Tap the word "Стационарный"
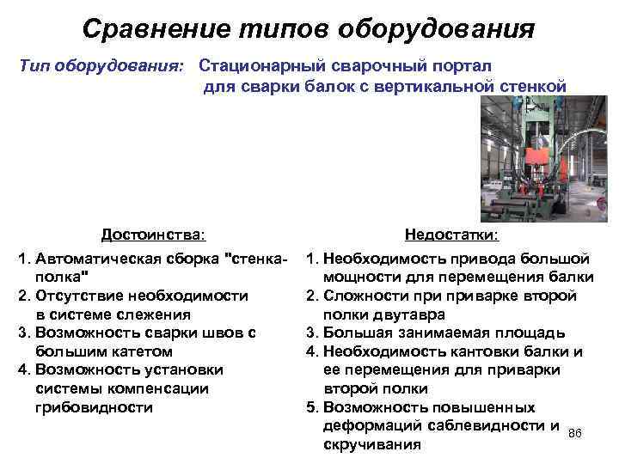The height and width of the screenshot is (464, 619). (x=265, y=65)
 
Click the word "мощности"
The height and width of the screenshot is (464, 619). (x=365, y=277)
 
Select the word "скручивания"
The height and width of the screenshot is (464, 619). (x=370, y=444)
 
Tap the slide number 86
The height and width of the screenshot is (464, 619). (x=575, y=433)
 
